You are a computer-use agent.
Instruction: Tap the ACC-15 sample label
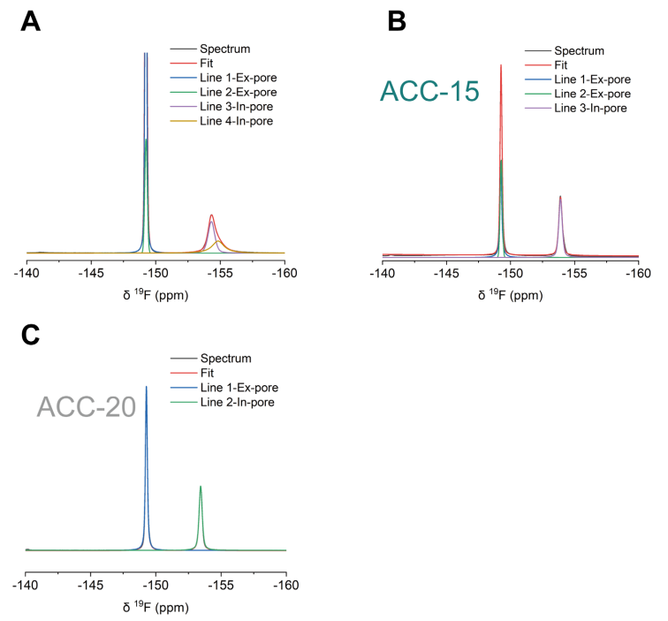[x=429, y=90]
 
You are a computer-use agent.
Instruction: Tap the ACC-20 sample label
[x=86, y=406]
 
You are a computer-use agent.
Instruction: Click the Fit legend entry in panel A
[x=208, y=63]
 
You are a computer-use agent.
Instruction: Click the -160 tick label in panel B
[x=638, y=276]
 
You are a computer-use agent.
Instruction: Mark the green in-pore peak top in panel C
[x=201, y=486]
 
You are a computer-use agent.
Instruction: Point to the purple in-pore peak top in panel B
[x=560, y=196]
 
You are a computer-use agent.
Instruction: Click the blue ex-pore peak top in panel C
[x=146, y=386]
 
